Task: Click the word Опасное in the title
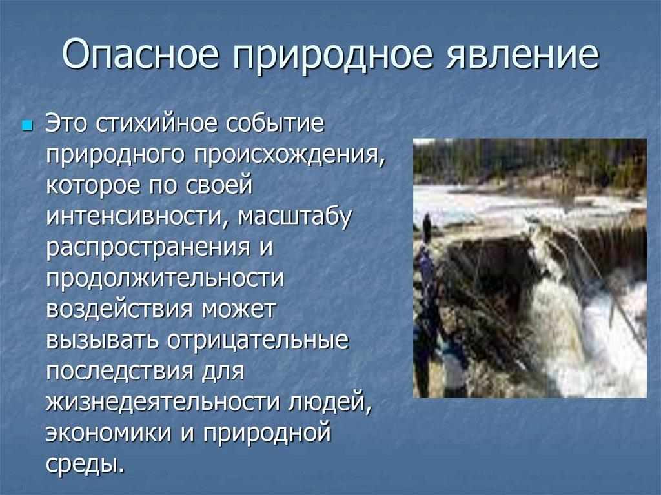[141, 56]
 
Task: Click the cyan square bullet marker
[27, 124]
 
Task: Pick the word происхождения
[288, 155]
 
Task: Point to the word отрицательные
[258, 339]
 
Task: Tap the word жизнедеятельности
[158, 401]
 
